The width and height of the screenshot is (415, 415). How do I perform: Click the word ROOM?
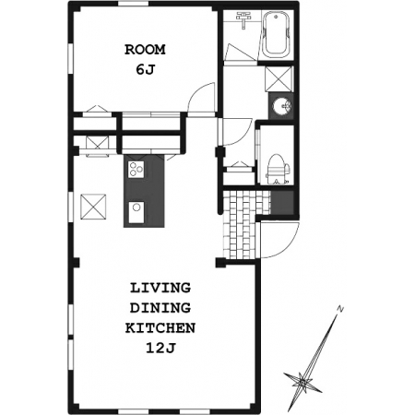(145, 50)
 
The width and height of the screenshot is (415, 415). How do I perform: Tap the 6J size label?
(145, 70)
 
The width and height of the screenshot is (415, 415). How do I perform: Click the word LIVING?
(160, 288)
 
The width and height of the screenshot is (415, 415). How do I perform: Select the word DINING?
(160, 308)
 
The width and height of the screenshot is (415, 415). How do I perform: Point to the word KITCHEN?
(160, 328)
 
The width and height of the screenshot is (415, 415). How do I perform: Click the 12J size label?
(160, 349)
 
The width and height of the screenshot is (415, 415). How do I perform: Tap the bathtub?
(277, 34)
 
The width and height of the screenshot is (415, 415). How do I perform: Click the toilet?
(279, 170)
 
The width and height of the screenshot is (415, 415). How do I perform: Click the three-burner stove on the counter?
(136, 169)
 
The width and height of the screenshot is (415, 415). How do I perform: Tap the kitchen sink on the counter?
(136, 212)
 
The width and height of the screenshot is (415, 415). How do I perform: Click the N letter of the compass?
(340, 309)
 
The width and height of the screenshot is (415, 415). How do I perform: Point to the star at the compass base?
(302, 383)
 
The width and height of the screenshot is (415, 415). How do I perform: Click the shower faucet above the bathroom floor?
(243, 19)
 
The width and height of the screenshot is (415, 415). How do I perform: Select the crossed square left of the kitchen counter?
(93, 207)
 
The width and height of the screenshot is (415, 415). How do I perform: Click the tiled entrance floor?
(243, 224)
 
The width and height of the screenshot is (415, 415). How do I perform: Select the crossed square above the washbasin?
(279, 78)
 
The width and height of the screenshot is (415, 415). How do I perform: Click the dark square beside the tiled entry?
(282, 202)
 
